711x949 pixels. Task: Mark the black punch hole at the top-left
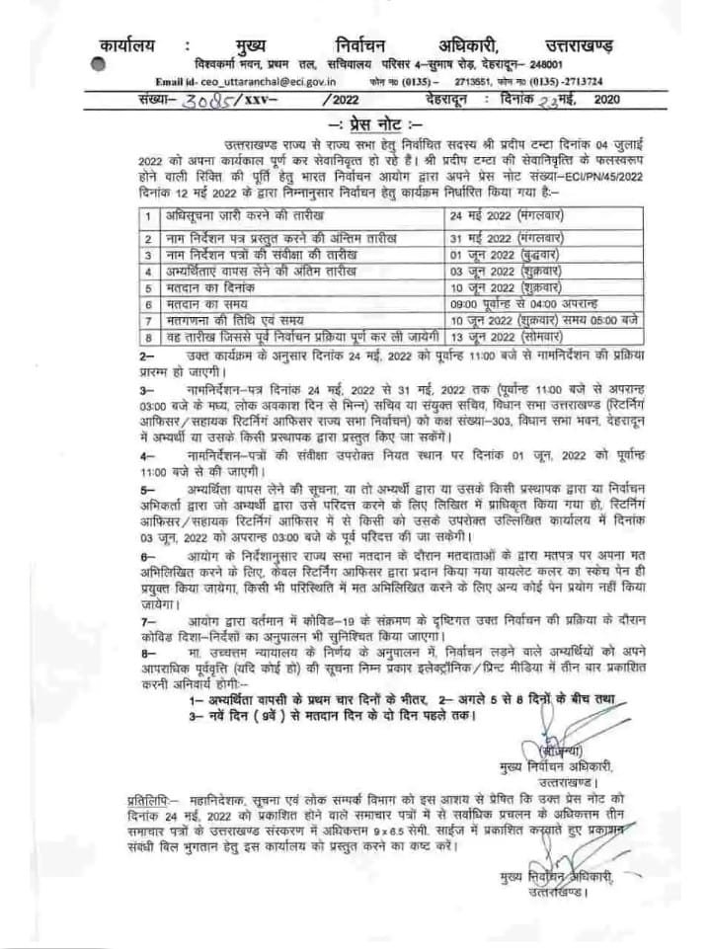96,61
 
